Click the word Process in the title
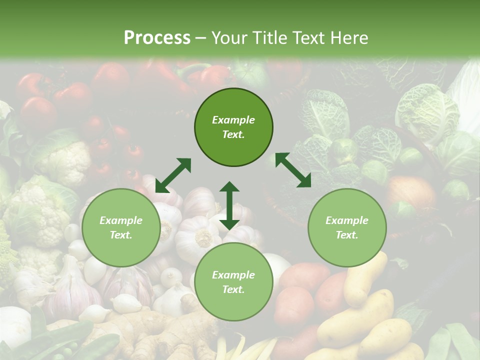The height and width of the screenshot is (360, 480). click(157, 38)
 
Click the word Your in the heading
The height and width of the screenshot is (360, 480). click(229, 38)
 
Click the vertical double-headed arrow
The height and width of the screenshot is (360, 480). click(229, 205)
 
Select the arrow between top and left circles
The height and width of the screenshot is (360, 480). click(173, 175)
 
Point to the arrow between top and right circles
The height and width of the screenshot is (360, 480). click(293, 170)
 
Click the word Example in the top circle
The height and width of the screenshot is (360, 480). click(233, 120)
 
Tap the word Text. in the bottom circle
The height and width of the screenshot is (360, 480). click(233, 289)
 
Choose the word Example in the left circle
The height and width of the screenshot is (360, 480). click(121, 220)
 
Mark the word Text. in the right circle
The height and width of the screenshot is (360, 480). click(347, 235)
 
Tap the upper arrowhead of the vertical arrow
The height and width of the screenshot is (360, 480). click(229, 188)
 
